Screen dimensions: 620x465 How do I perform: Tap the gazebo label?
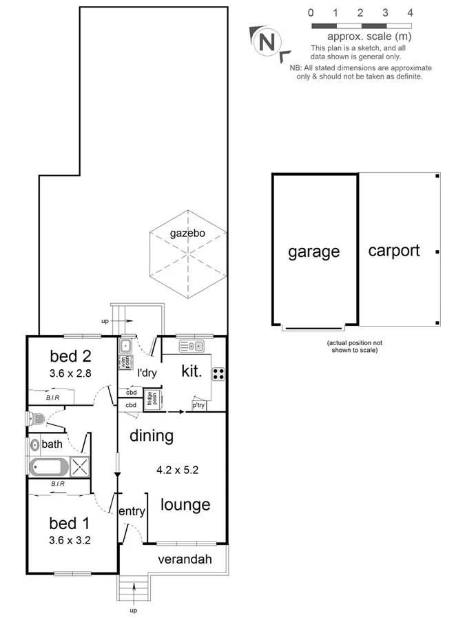click(x=187, y=234)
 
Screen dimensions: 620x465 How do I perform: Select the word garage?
click(x=313, y=251)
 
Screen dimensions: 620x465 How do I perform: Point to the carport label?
click(x=393, y=250)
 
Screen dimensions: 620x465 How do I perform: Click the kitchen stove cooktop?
click(x=218, y=374)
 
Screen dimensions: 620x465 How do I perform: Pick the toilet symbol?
click(x=36, y=417)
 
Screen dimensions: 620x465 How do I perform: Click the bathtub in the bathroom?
click(x=49, y=466)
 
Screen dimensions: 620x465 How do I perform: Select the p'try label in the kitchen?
click(x=198, y=405)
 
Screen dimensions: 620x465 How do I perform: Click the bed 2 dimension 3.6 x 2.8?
click(x=71, y=374)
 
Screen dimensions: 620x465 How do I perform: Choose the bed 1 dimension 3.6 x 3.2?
click(x=70, y=540)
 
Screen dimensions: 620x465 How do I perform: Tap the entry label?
click(x=132, y=511)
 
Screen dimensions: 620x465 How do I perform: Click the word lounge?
click(x=185, y=505)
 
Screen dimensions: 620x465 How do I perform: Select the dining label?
click(x=151, y=435)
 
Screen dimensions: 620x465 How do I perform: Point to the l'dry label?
click(x=147, y=373)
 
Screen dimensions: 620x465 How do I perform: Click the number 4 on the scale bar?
click(x=410, y=12)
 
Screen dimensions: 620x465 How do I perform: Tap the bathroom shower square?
click(x=80, y=466)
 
